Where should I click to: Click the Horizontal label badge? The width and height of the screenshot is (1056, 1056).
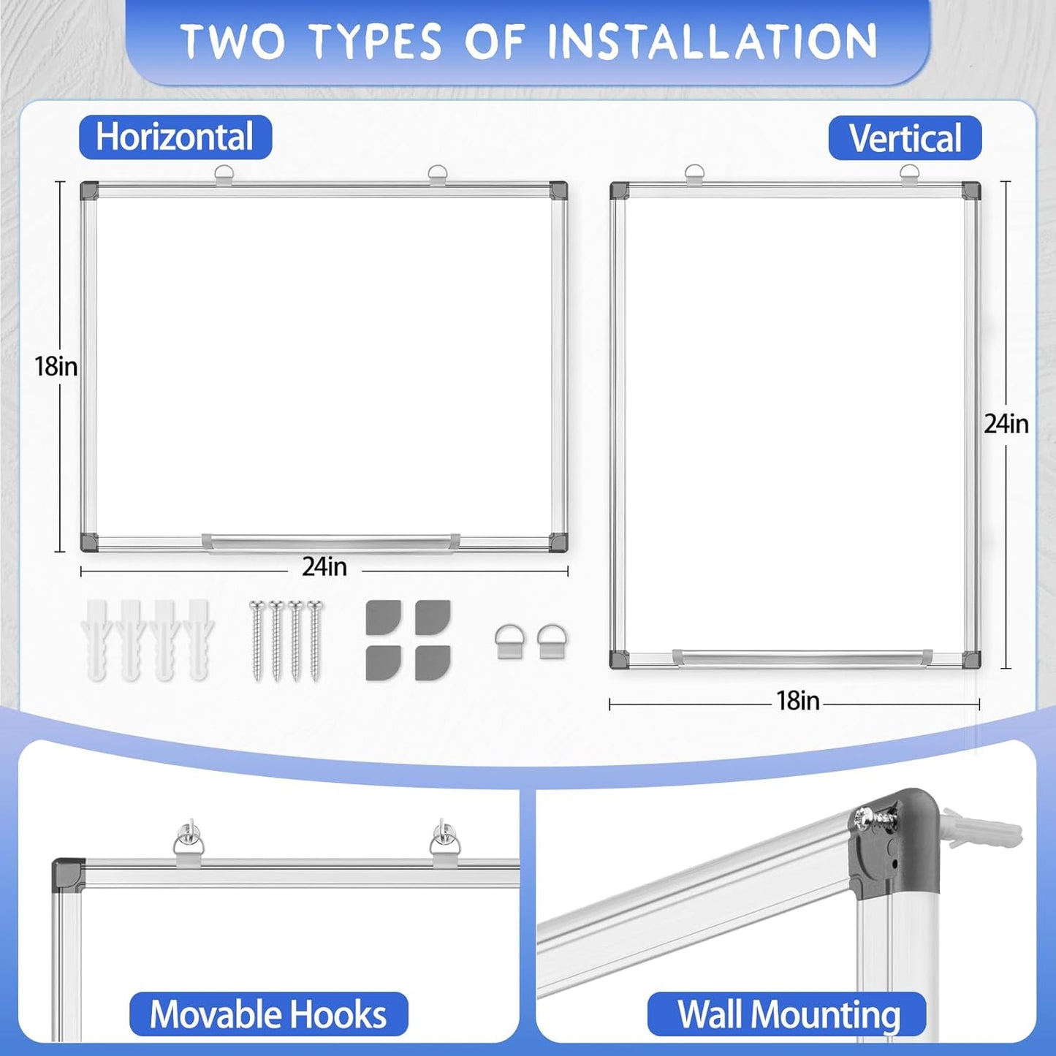pyautogui.click(x=175, y=137)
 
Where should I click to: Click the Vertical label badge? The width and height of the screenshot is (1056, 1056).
pyautogui.click(x=905, y=138)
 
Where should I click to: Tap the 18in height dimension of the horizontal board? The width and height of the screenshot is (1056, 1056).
pyautogui.click(x=56, y=366)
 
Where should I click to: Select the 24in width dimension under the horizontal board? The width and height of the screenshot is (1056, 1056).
pyautogui.click(x=324, y=566)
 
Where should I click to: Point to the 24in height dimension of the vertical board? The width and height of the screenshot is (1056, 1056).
pyautogui.click(x=1006, y=424)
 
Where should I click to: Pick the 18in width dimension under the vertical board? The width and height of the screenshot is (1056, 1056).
pyautogui.click(x=797, y=702)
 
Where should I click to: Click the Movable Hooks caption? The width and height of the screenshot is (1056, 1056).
pyautogui.click(x=268, y=1014)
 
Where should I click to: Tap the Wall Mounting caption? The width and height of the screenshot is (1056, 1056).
pyautogui.click(x=788, y=1014)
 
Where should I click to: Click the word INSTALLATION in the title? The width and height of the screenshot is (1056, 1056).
pyautogui.click(x=713, y=41)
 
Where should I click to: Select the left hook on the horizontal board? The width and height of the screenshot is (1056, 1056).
pyautogui.click(x=224, y=175)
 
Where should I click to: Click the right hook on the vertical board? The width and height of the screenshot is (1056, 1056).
pyautogui.click(x=909, y=175)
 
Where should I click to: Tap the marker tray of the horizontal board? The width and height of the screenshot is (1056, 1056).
pyautogui.click(x=330, y=542)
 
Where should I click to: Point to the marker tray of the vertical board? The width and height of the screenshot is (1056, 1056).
pyautogui.click(x=802, y=656)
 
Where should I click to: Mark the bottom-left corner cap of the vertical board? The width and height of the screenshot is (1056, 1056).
pyautogui.click(x=619, y=659)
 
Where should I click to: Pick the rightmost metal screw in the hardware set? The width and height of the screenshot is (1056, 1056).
pyautogui.click(x=314, y=639)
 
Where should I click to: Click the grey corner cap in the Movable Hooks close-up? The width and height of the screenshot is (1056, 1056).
pyautogui.click(x=68, y=873)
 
